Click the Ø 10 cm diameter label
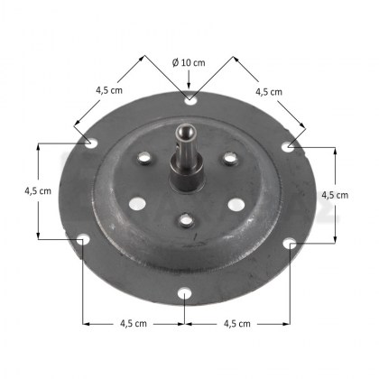(x=189, y=62)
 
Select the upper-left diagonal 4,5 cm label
(x=109, y=90)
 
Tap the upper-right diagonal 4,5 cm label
(x=269, y=92)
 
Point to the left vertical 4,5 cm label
(x=38, y=190)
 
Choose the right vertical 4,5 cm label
(x=335, y=195)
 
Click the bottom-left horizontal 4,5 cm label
(x=134, y=323)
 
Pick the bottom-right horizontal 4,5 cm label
(x=237, y=324)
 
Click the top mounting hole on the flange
(x=190, y=100)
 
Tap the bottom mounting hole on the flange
(x=184, y=293)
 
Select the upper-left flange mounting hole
(x=91, y=143)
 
